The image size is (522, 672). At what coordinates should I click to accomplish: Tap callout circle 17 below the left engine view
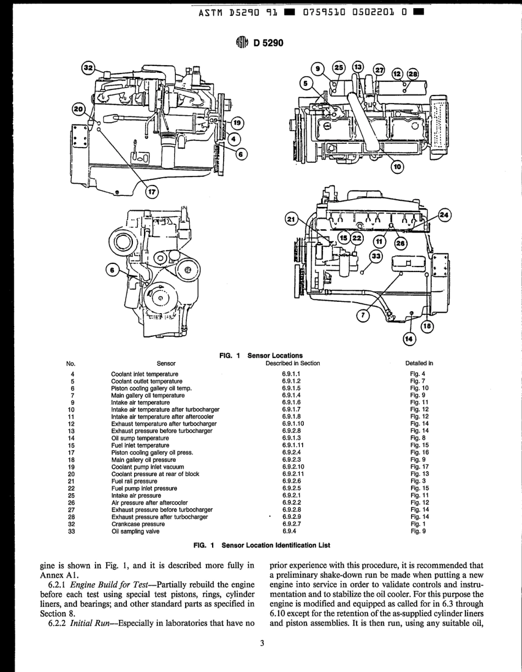click(x=152, y=192)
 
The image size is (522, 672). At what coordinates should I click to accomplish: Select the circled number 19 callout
click(x=236, y=123)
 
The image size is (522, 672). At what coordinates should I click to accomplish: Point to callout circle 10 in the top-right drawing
click(x=397, y=166)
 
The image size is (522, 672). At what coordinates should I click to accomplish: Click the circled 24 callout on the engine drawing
click(x=444, y=215)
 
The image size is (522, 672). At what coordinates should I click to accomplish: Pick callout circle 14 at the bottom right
click(x=409, y=340)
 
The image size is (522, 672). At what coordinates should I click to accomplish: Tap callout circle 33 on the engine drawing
click(x=376, y=256)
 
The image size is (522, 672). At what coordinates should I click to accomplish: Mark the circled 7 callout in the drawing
click(x=363, y=315)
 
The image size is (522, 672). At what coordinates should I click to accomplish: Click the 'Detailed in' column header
click(x=419, y=363)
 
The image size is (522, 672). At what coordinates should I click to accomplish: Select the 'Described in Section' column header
click(x=292, y=363)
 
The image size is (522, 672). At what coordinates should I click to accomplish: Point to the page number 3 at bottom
click(x=262, y=643)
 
